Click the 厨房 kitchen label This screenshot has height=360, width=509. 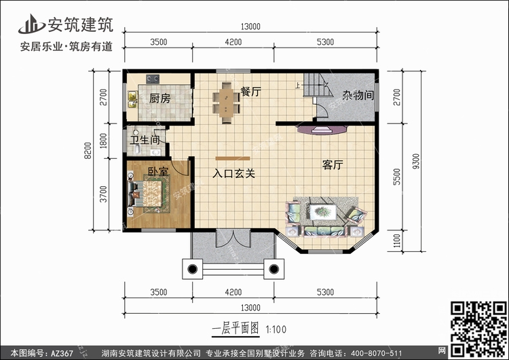159,98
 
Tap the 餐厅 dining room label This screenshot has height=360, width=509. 250,92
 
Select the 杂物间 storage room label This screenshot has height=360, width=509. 358,95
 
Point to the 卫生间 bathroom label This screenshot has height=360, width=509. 145,140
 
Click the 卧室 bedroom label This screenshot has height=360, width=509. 158,171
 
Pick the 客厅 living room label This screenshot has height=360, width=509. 333,165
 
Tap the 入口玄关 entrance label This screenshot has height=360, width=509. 233,173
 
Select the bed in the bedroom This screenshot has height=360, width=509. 149,194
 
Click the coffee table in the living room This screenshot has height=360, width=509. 323,212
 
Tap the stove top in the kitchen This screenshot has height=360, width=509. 153,78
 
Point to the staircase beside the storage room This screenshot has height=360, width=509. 318,85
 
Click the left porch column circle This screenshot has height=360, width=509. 193,269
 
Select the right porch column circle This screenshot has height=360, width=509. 274,269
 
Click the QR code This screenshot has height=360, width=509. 478,329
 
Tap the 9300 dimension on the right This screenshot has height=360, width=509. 416,161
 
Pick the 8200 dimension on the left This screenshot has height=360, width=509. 88,150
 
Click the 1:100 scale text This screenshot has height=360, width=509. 276,329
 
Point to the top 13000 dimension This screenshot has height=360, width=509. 250,26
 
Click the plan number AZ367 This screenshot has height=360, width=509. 62,353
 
